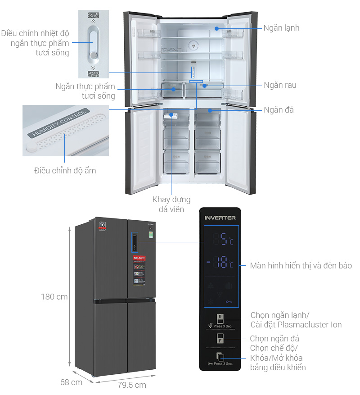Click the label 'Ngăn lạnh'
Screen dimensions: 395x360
(281, 28)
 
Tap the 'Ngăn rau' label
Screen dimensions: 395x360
(280, 85)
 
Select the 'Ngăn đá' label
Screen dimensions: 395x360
(279, 109)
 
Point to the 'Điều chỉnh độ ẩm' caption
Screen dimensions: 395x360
(65, 171)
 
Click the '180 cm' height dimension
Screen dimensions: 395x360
(54, 297)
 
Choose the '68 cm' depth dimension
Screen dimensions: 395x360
(71, 382)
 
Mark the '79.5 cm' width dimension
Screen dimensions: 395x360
(132, 385)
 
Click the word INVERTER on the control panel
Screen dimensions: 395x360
(220, 218)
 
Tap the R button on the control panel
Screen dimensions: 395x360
(220, 318)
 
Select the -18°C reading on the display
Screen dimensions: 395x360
(220, 263)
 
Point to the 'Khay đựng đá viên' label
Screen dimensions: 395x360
(171, 204)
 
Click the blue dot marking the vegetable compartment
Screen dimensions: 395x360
(204, 85)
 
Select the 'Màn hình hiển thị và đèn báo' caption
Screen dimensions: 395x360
(301, 266)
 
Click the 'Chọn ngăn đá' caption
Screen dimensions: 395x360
(274, 338)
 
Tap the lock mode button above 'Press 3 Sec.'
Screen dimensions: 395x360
(220, 357)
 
